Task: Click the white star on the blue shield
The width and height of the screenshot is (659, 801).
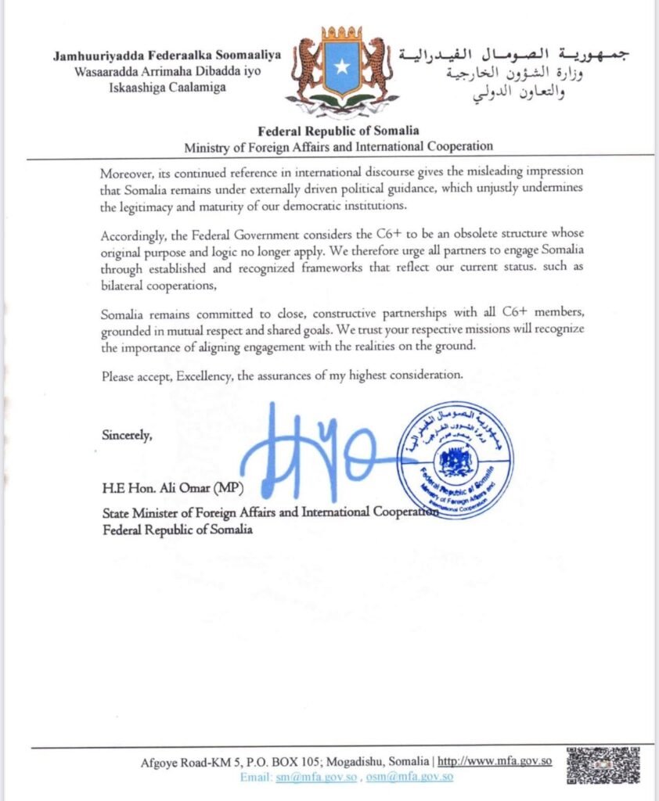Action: [340, 68]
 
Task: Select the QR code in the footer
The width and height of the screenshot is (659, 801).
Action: [603, 764]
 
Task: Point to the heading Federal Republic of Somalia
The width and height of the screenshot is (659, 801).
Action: [339, 131]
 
